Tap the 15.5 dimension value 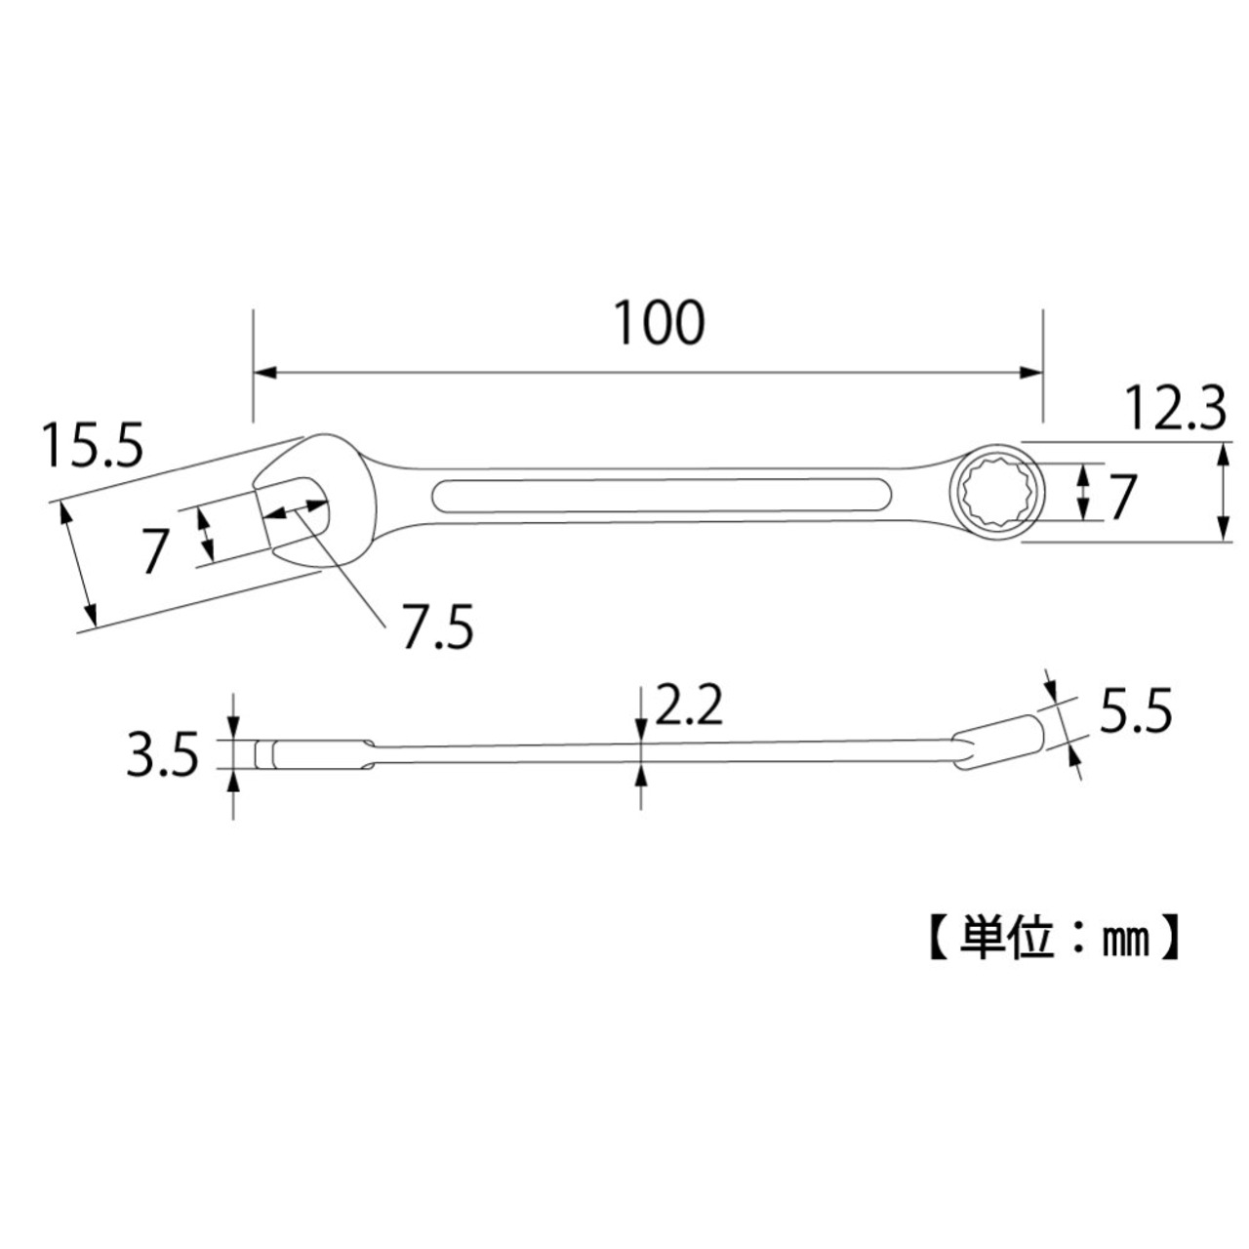click(92, 446)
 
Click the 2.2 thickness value click(688, 705)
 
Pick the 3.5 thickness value click(162, 755)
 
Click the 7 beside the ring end click(1121, 499)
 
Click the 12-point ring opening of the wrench click(989, 492)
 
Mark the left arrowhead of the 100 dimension click(265, 372)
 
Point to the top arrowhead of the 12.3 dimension click(1223, 452)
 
